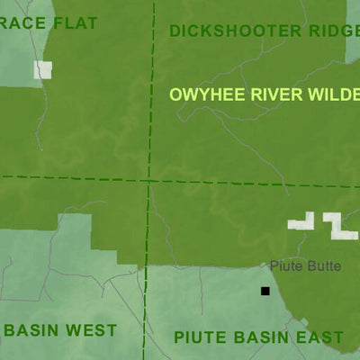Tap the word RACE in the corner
click(25, 22)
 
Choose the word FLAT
click(76, 22)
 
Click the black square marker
click(265, 291)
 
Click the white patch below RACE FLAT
click(43, 69)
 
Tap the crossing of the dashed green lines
click(148, 180)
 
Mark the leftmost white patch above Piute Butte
click(301, 221)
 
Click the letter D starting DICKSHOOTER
click(175, 31)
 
